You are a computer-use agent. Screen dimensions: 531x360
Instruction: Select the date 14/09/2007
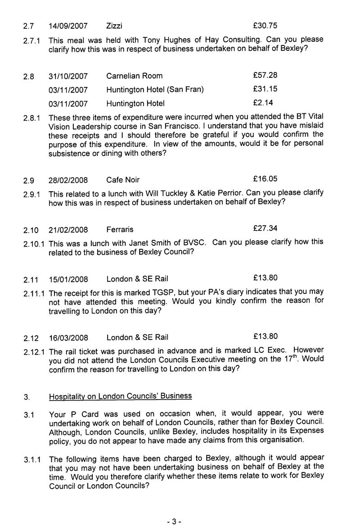click(68, 26)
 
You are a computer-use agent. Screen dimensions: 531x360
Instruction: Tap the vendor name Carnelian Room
click(135, 76)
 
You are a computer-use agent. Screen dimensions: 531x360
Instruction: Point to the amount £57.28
click(265, 75)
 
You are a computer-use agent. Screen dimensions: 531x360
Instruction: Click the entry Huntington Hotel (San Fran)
click(155, 90)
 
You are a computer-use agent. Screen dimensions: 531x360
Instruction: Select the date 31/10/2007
click(68, 76)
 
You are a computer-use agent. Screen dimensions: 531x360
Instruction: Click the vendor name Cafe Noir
click(123, 180)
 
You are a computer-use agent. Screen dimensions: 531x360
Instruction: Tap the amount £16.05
click(265, 179)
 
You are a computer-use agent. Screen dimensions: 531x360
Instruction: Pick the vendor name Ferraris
click(120, 229)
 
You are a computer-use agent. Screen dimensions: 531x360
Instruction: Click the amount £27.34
click(265, 229)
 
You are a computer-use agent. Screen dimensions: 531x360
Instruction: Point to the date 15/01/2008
click(68, 279)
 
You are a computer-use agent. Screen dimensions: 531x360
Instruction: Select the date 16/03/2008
click(68, 337)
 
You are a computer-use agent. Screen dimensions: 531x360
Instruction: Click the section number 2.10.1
click(34, 243)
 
